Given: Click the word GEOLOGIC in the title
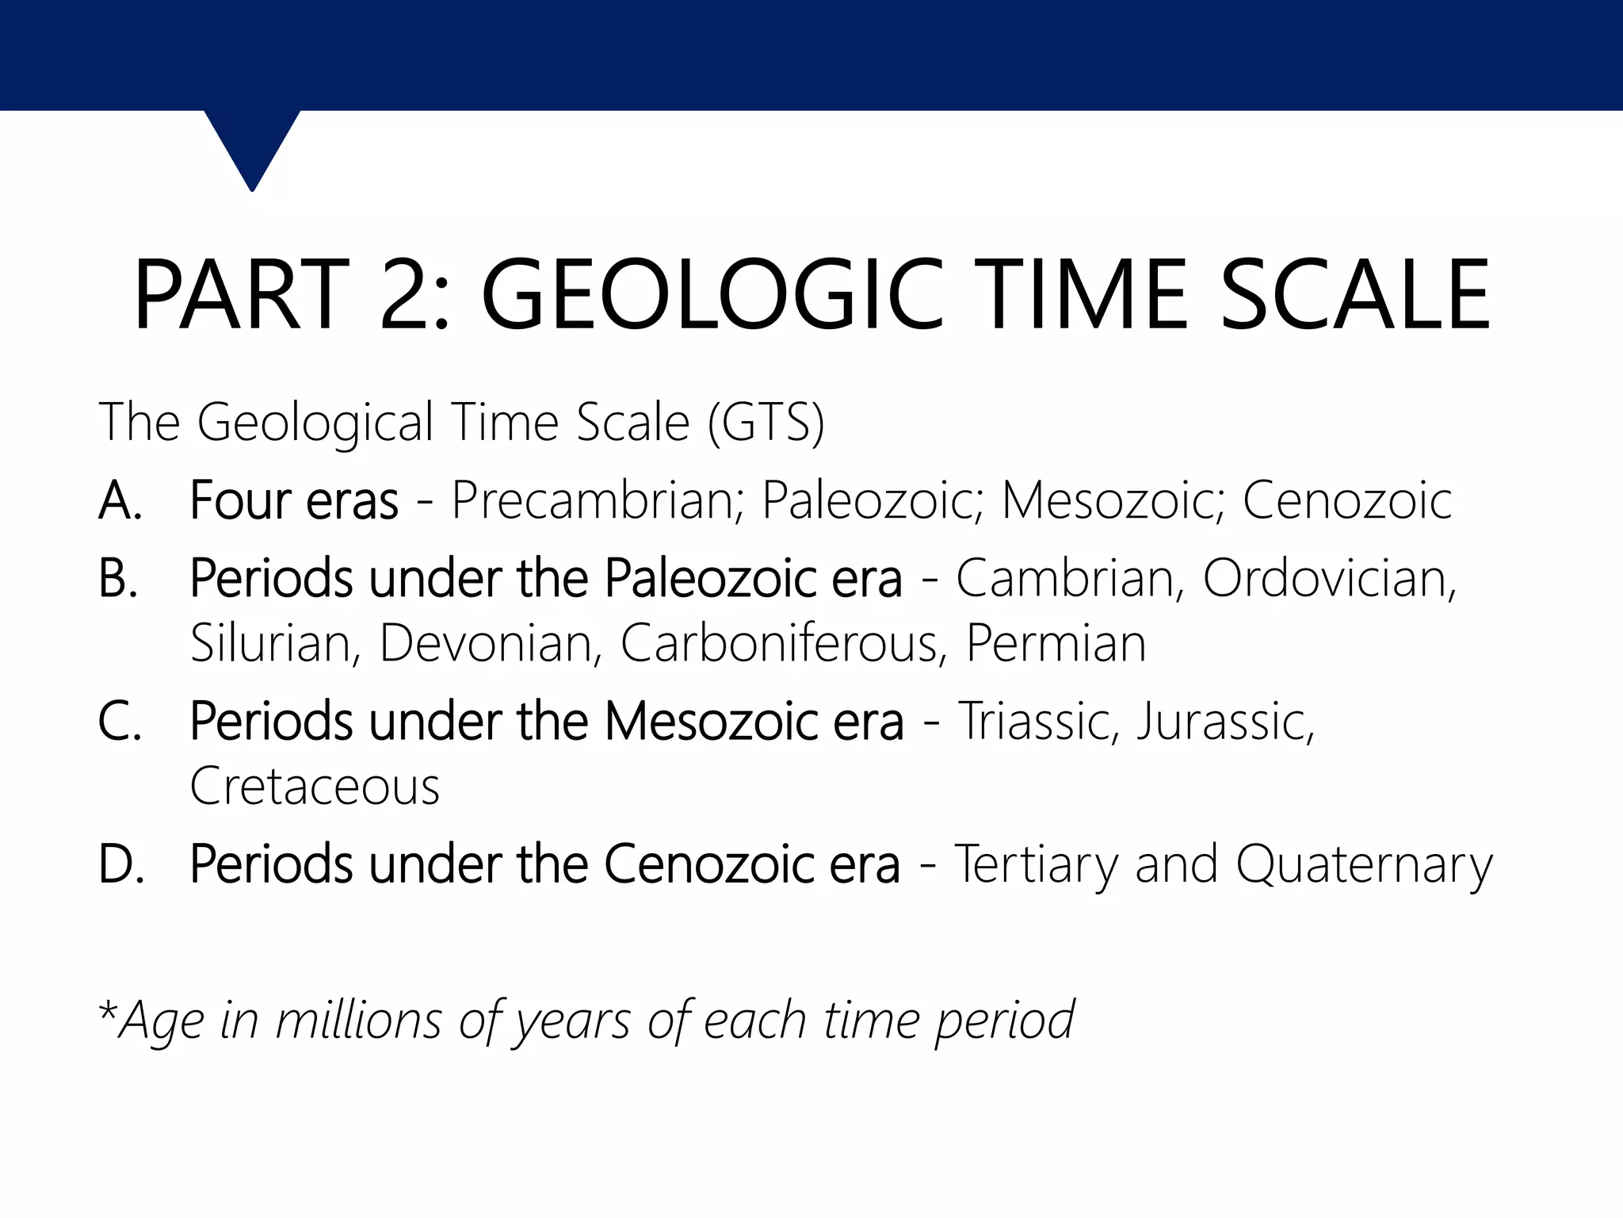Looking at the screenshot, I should (712, 295).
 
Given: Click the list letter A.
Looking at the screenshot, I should (119, 501).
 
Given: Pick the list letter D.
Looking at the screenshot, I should (120, 864).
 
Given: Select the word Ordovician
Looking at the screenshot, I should (1329, 579).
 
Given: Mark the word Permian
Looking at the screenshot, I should (1056, 642).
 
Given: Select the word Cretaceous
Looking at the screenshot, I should (315, 786).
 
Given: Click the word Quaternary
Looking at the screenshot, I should (1364, 864).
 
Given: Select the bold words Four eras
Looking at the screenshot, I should (294, 501).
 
